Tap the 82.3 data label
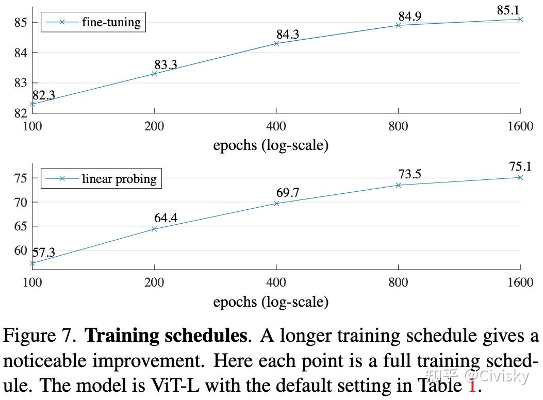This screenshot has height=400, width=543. [44, 95]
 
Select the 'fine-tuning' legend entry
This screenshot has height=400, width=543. [111, 22]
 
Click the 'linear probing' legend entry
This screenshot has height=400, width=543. [119, 179]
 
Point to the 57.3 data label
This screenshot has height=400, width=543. [44, 253]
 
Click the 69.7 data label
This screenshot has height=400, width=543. [288, 193]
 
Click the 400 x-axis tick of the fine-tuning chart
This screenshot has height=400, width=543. [276, 126]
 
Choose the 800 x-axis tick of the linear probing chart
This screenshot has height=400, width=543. [398, 282]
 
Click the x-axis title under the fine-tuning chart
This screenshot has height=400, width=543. [271, 145]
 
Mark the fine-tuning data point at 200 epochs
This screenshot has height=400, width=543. [154, 74]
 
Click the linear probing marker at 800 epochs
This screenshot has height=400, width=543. [398, 185]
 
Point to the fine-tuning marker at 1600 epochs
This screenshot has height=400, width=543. [520, 19]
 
